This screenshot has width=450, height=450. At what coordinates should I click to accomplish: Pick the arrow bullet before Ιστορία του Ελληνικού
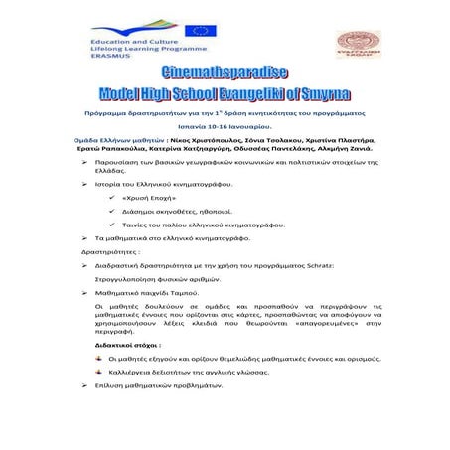point(85,184)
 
